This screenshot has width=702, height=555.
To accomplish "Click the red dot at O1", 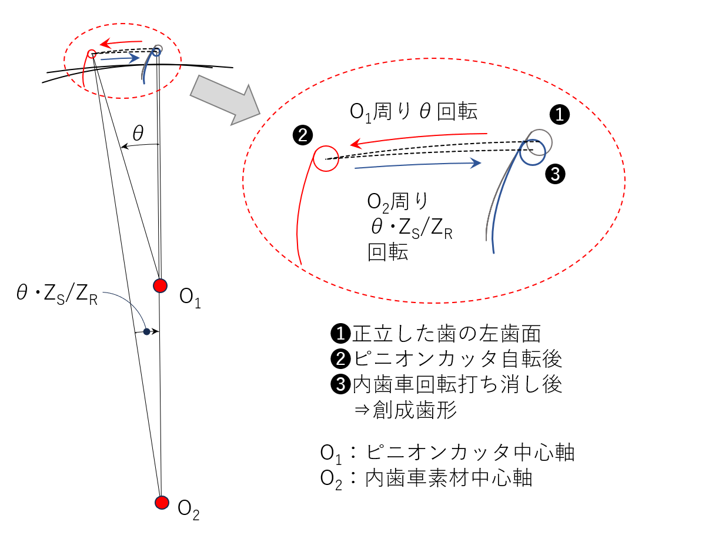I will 160,285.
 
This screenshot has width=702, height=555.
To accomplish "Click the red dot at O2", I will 162,502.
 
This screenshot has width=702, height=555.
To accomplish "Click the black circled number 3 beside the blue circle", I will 556,173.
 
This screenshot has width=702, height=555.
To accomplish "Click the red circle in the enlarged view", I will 326,158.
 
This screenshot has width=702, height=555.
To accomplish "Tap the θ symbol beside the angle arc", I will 138,134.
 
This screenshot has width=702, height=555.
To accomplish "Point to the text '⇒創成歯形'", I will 405,410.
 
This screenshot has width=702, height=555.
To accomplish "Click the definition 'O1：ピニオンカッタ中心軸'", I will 447,453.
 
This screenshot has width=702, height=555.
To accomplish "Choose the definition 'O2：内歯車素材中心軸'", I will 426,478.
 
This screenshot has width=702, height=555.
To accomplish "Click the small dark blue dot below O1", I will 146,331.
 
